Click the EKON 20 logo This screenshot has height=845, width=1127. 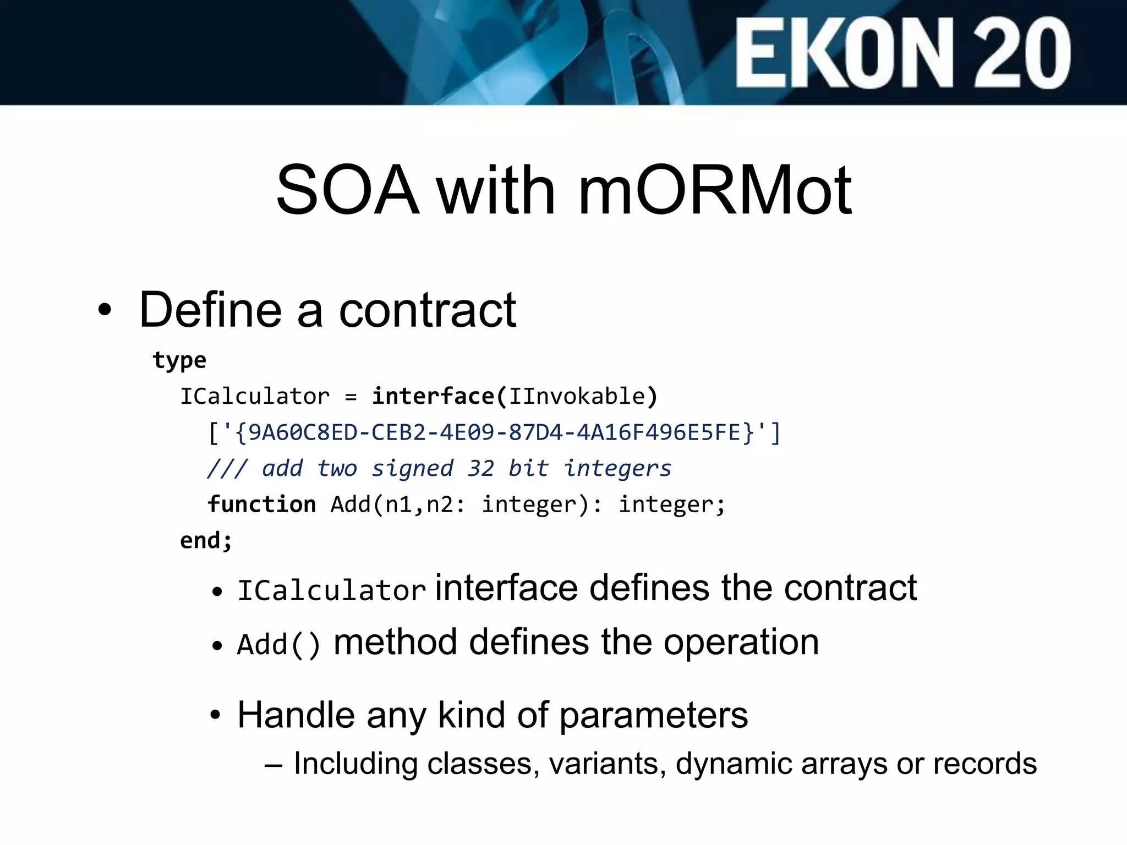point(902,53)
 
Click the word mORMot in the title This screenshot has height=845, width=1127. point(715,191)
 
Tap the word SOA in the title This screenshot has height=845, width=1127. point(347,191)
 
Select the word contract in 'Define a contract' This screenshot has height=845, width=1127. point(427,310)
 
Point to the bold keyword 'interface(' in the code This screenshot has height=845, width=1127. point(439,397)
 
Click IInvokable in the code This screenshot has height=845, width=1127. point(576,397)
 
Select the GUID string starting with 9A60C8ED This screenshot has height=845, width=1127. point(494,433)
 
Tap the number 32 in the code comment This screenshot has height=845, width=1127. point(480,469)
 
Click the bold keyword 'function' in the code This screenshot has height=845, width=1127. point(261,504)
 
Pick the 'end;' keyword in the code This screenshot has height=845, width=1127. point(206,540)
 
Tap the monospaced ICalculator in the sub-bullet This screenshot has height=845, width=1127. point(331,591)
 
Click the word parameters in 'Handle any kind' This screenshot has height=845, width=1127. point(653,716)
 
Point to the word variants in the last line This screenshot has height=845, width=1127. point(607,764)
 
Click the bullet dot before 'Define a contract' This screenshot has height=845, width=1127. point(105,311)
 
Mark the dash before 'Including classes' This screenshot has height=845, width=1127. point(273,765)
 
